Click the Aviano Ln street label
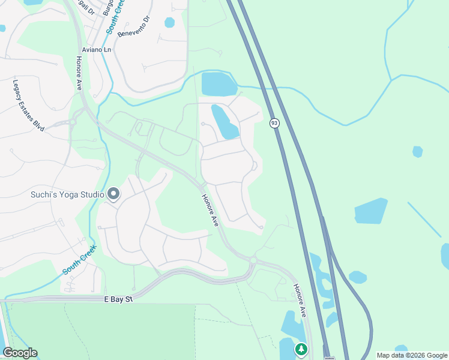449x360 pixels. pyautogui.click(x=96, y=49)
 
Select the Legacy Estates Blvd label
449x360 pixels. pyautogui.click(x=29, y=106)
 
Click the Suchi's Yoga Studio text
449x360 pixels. pyautogui.click(x=67, y=194)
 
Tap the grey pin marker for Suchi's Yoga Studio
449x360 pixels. pyautogui.click(x=113, y=194)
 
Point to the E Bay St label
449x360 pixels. pyautogui.click(x=116, y=298)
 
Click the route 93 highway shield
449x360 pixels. pyautogui.click(x=274, y=123)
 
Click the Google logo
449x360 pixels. pyautogui.click(x=20, y=353)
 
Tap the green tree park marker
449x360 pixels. pyautogui.click(x=301, y=349)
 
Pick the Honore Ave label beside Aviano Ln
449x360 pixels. pyautogui.click(x=79, y=73)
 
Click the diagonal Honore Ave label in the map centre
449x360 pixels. pyautogui.click(x=210, y=210)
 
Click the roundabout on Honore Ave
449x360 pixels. pyautogui.click(x=253, y=261)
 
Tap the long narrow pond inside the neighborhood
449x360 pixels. pyautogui.click(x=224, y=122)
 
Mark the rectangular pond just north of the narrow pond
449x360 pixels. pyautogui.click(x=219, y=84)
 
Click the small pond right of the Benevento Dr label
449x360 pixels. pyautogui.click(x=170, y=23)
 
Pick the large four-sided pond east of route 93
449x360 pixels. pyautogui.click(x=371, y=211)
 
